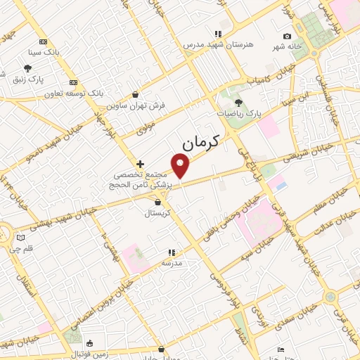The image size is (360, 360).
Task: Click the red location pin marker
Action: point(181,166)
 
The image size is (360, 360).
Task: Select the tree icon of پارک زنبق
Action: point(27,68)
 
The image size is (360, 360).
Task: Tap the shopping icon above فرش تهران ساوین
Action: point(134,94)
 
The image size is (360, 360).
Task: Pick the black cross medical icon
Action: point(140,163)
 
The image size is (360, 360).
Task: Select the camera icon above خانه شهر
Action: point(287,37)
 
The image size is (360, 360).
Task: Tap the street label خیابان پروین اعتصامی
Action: point(101,305)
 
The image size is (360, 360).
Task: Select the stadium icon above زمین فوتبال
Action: point(90,343)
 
